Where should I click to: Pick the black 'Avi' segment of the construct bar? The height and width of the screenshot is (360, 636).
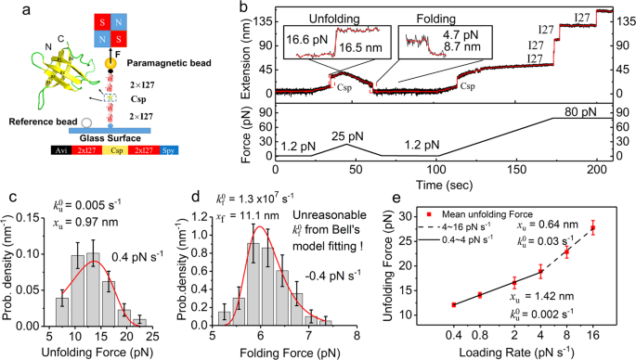tap(33, 148)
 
